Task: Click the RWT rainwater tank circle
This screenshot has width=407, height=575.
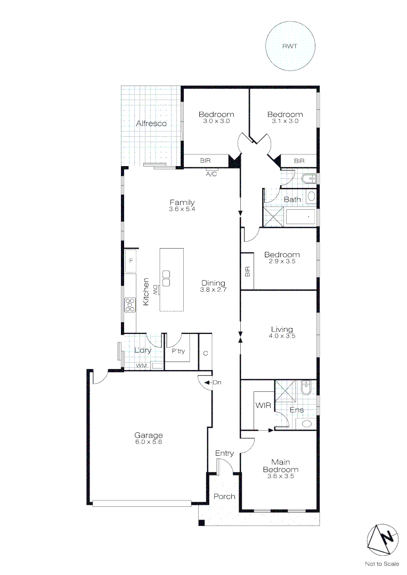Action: tap(290, 46)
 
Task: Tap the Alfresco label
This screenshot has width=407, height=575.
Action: tap(151, 124)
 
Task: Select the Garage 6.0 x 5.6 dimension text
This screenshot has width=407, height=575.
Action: tap(149, 442)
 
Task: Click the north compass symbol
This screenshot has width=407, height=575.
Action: tap(382, 538)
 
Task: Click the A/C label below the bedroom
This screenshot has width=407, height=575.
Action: tap(211, 174)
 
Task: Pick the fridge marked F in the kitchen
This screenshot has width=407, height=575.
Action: tap(131, 261)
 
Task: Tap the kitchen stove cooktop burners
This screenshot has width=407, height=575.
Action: tap(129, 305)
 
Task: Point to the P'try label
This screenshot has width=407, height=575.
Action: tap(178, 351)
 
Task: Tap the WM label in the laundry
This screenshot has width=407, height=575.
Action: tap(141, 366)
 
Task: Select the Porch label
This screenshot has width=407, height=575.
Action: tap(224, 496)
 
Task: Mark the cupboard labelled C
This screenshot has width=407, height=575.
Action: tap(205, 353)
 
